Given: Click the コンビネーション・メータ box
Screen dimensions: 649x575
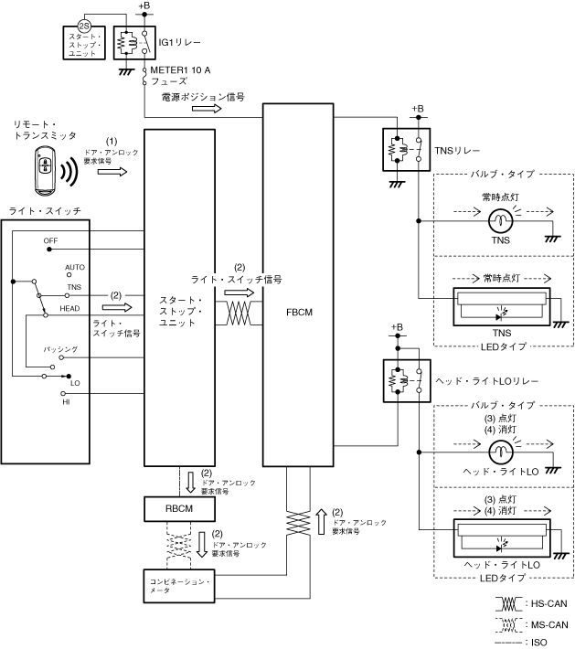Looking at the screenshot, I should (x=179, y=585).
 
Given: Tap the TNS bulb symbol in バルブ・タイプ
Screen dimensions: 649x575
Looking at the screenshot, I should (x=500, y=221).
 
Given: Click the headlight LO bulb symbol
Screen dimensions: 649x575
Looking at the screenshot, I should (x=500, y=452).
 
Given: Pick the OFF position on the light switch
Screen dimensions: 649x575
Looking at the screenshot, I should (x=50, y=241).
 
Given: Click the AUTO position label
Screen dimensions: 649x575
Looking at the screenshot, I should (x=75, y=266).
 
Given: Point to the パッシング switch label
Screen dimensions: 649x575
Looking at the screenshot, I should (x=61, y=350).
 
